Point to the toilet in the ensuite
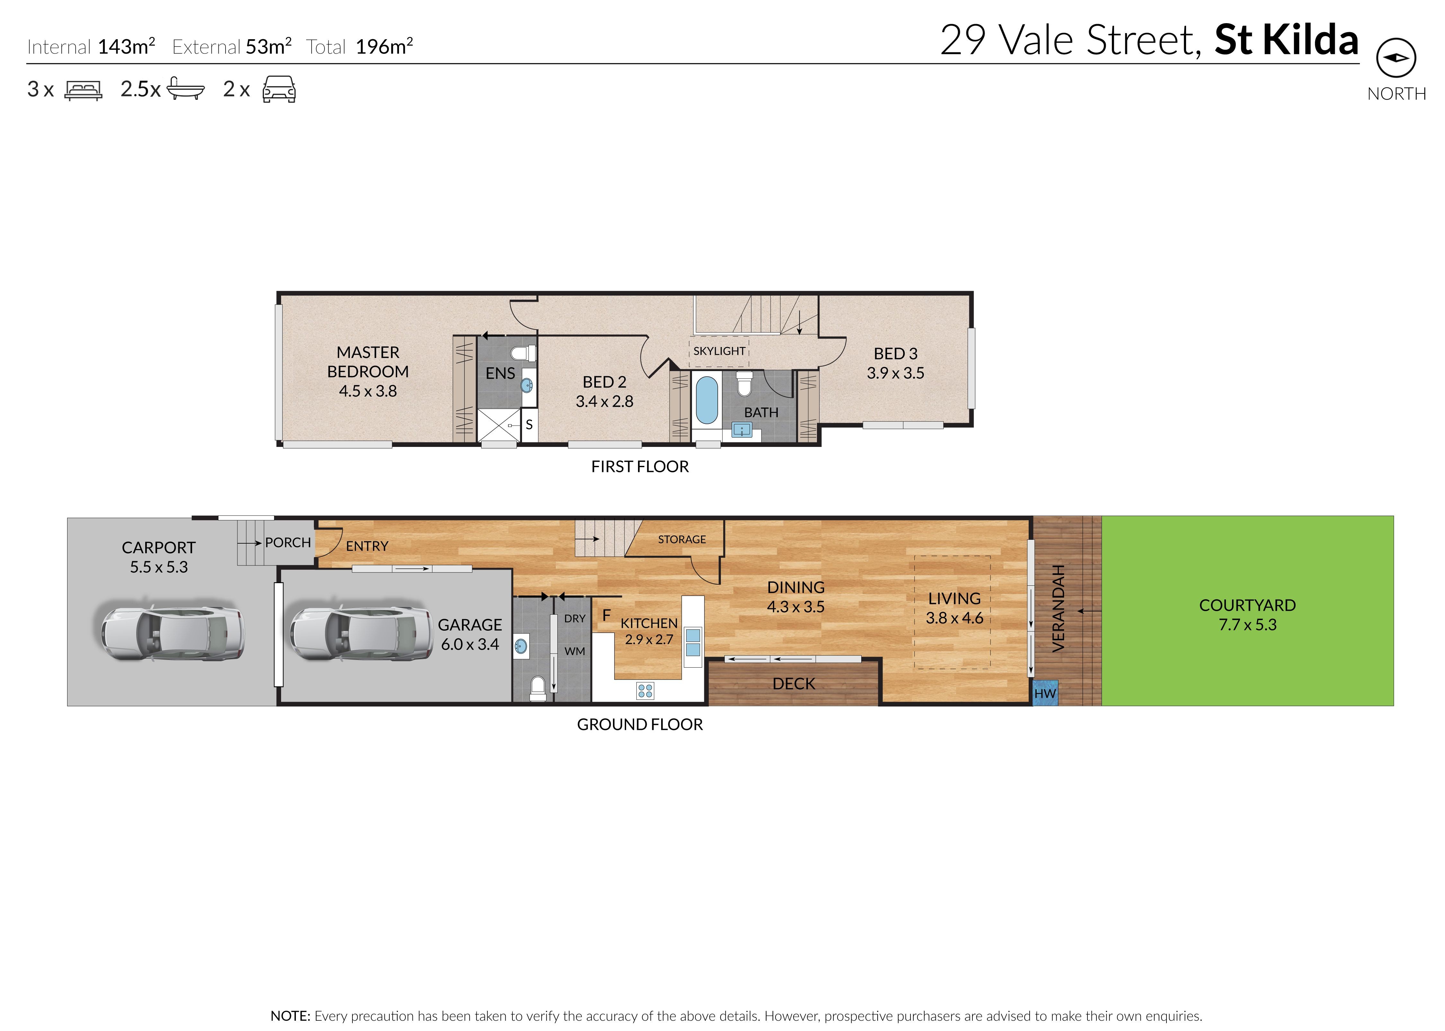[524, 352]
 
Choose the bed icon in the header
[83, 90]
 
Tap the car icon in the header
[279, 90]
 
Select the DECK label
[793, 684]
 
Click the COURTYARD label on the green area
[1247, 605]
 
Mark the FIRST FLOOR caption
[640, 467]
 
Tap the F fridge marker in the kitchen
[606, 615]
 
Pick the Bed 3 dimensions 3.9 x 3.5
[895, 373]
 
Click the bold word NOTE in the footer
[290, 1016]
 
